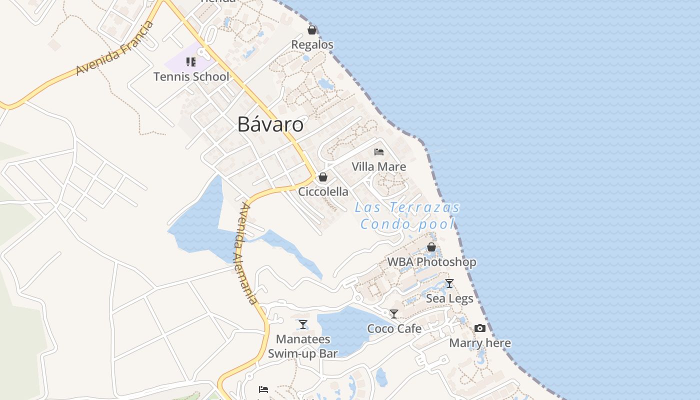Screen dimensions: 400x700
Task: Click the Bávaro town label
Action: tap(270, 124)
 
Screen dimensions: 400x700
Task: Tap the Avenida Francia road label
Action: tap(115, 48)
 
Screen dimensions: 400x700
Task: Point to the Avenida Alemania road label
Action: tap(245, 253)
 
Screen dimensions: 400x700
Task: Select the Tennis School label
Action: tap(191, 76)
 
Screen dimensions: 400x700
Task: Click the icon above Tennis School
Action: tap(190, 62)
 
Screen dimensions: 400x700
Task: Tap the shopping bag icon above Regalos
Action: tap(312, 30)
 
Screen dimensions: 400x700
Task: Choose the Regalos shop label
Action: tap(312, 44)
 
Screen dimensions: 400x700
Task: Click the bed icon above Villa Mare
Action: tap(379, 152)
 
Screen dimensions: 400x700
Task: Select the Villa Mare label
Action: tap(379, 166)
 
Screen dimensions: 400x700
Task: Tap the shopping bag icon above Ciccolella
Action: tap(323, 177)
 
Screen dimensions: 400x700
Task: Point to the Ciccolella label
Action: tap(323, 191)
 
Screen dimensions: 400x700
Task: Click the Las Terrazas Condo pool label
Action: tap(407, 215)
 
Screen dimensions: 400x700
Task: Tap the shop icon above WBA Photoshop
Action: tap(431, 247)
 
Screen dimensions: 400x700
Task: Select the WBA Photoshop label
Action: tap(431, 262)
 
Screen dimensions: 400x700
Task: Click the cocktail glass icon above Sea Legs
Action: tap(449, 283)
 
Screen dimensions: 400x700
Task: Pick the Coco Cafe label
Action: tap(394, 328)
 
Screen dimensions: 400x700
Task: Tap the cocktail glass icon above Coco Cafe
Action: tap(394, 314)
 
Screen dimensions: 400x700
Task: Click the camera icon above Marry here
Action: tap(480, 328)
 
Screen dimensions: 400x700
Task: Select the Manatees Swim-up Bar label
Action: tap(303, 346)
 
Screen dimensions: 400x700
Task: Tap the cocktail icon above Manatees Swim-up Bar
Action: tap(303, 324)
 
